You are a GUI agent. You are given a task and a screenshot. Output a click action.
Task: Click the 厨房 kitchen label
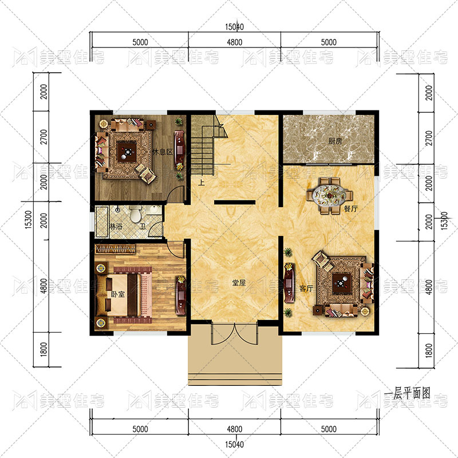[335, 141]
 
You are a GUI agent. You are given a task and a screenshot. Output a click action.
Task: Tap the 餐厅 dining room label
[351, 209]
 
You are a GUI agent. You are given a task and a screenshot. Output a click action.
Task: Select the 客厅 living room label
[306, 289]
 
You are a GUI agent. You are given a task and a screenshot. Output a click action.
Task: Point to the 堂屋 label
[239, 283]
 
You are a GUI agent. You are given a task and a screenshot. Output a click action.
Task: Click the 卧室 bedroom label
[118, 294]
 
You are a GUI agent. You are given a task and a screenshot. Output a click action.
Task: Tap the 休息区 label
[163, 152]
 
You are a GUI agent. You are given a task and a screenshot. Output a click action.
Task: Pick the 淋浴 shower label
[116, 226]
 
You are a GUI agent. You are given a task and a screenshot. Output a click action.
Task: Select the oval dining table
[330, 196]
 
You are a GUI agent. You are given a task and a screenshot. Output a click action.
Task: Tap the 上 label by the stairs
[202, 183]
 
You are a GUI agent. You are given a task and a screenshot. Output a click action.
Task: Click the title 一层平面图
[407, 394]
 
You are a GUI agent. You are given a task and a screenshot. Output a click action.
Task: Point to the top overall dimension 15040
[234, 27]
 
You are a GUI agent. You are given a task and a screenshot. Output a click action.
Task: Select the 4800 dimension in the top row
[235, 42]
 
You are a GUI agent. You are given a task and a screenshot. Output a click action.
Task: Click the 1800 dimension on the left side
[44, 349]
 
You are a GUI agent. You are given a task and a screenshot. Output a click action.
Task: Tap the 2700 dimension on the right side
[428, 138]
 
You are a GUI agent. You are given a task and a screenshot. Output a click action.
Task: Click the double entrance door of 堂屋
[235, 334]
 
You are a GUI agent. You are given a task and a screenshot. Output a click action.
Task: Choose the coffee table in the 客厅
[342, 282]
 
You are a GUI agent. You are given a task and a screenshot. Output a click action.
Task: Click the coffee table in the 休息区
[127, 152]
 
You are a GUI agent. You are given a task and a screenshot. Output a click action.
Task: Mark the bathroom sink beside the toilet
[153, 210]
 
